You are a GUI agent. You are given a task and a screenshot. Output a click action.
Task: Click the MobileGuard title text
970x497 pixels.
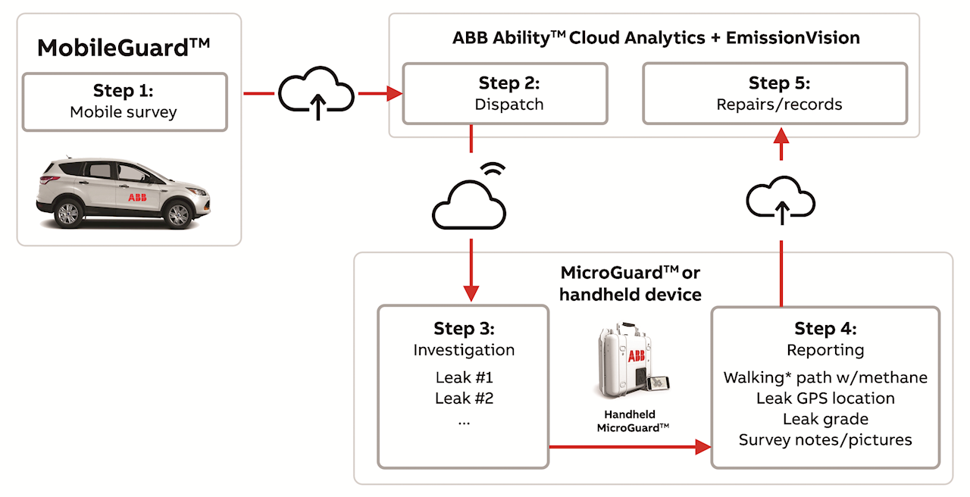click(123, 48)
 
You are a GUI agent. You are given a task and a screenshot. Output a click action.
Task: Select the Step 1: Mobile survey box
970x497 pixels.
click(124, 102)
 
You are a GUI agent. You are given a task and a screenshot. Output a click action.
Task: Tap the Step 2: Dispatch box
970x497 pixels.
click(505, 93)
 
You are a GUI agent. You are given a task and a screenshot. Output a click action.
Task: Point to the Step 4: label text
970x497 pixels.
click(825, 329)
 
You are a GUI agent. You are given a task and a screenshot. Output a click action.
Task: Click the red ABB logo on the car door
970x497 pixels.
click(137, 197)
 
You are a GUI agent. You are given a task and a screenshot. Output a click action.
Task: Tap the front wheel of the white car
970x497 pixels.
click(178, 214)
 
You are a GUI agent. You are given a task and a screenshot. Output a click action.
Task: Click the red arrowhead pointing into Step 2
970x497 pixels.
click(394, 94)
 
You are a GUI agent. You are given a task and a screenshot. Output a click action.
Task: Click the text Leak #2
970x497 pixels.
click(464, 398)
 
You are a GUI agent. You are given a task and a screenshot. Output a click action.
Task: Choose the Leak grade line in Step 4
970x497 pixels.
click(825, 419)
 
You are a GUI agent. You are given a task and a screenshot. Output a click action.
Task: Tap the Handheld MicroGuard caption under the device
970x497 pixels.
click(633, 421)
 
